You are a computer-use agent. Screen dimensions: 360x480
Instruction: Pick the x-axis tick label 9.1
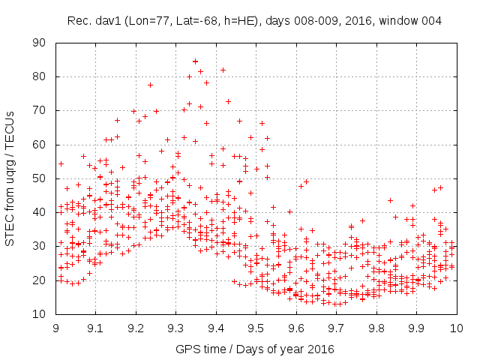pyautogui.click(x=96, y=328)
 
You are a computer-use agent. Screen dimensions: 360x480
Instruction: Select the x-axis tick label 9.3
pyautogui.click(x=176, y=328)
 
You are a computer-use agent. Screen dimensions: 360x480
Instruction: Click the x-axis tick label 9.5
pyautogui.click(x=256, y=328)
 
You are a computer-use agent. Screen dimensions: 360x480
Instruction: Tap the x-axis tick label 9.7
pyautogui.click(x=336, y=328)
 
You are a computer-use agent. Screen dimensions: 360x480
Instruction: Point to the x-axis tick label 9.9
pyautogui.click(x=416, y=328)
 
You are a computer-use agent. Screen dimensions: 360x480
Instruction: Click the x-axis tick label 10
pyautogui.click(x=456, y=328)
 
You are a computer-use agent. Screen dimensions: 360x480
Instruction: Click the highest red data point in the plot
pyautogui.click(x=195, y=61)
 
